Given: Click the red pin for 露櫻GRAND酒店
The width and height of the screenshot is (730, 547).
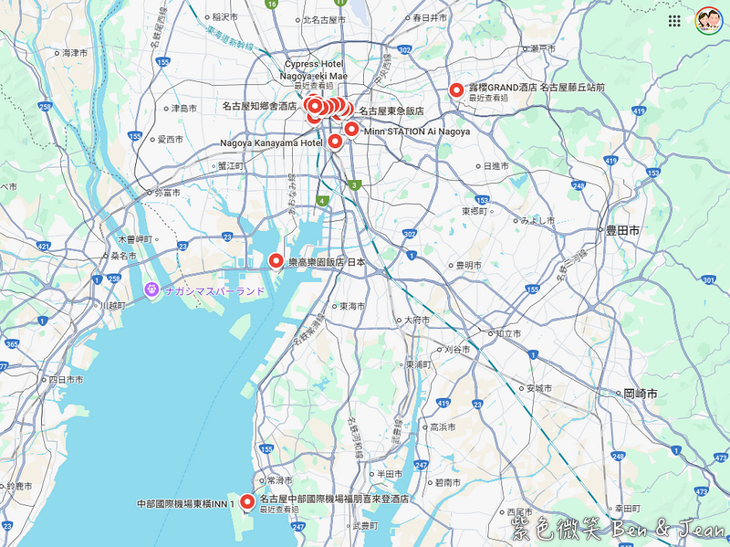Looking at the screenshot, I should [455, 90].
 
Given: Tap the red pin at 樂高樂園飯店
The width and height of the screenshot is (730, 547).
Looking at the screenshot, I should [276, 261].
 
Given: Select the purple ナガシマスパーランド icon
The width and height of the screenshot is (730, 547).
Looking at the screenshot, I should [151, 290].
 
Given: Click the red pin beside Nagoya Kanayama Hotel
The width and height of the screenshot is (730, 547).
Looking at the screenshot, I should [335, 142].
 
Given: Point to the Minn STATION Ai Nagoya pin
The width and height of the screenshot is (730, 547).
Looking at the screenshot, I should [351, 129].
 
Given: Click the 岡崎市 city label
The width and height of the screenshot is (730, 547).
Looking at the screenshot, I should [641, 394].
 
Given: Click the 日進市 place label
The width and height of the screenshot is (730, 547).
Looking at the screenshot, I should [498, 166].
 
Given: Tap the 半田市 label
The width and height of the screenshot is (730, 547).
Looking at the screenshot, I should [389, 474].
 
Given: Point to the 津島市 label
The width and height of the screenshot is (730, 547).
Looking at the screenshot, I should [183, 109].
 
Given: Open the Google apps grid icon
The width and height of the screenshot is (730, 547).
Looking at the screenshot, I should [674, 21].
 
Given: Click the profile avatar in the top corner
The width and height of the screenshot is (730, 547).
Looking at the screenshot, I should [708, 21].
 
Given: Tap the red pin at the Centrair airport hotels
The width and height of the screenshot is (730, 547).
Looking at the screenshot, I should [246, 500].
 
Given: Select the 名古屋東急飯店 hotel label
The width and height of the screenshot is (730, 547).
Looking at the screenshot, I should [391, 110].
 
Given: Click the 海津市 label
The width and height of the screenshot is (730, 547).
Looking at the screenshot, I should [72, 53].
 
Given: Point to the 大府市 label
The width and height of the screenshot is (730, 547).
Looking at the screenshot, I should [416, 321].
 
